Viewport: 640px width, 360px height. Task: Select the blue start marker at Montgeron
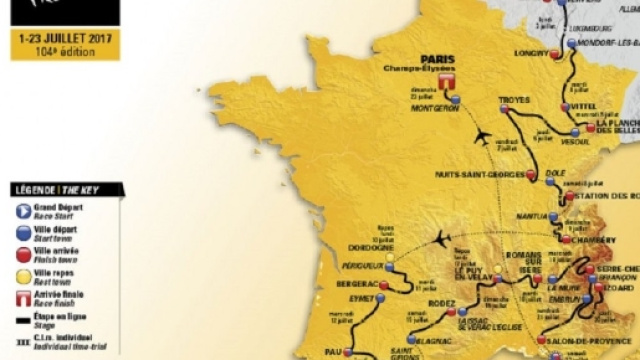[455, 100]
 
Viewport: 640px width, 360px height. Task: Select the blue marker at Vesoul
[571, 131]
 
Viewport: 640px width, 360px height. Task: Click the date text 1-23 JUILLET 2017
[65, 37]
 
